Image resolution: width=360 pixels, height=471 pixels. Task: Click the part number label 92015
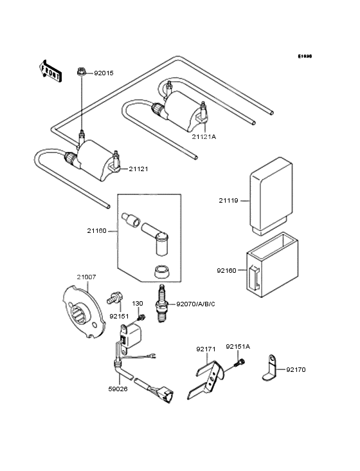pos(104,73)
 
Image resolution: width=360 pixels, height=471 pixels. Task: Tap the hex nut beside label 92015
pos(82,73)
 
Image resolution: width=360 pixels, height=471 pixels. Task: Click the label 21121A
pos(204,136)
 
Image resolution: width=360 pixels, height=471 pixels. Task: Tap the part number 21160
pos(98,230)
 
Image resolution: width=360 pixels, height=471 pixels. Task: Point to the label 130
pos(138,303)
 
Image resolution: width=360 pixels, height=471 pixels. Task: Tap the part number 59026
pos(119,389)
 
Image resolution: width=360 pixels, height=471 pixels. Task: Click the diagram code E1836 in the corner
pos(304,57)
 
